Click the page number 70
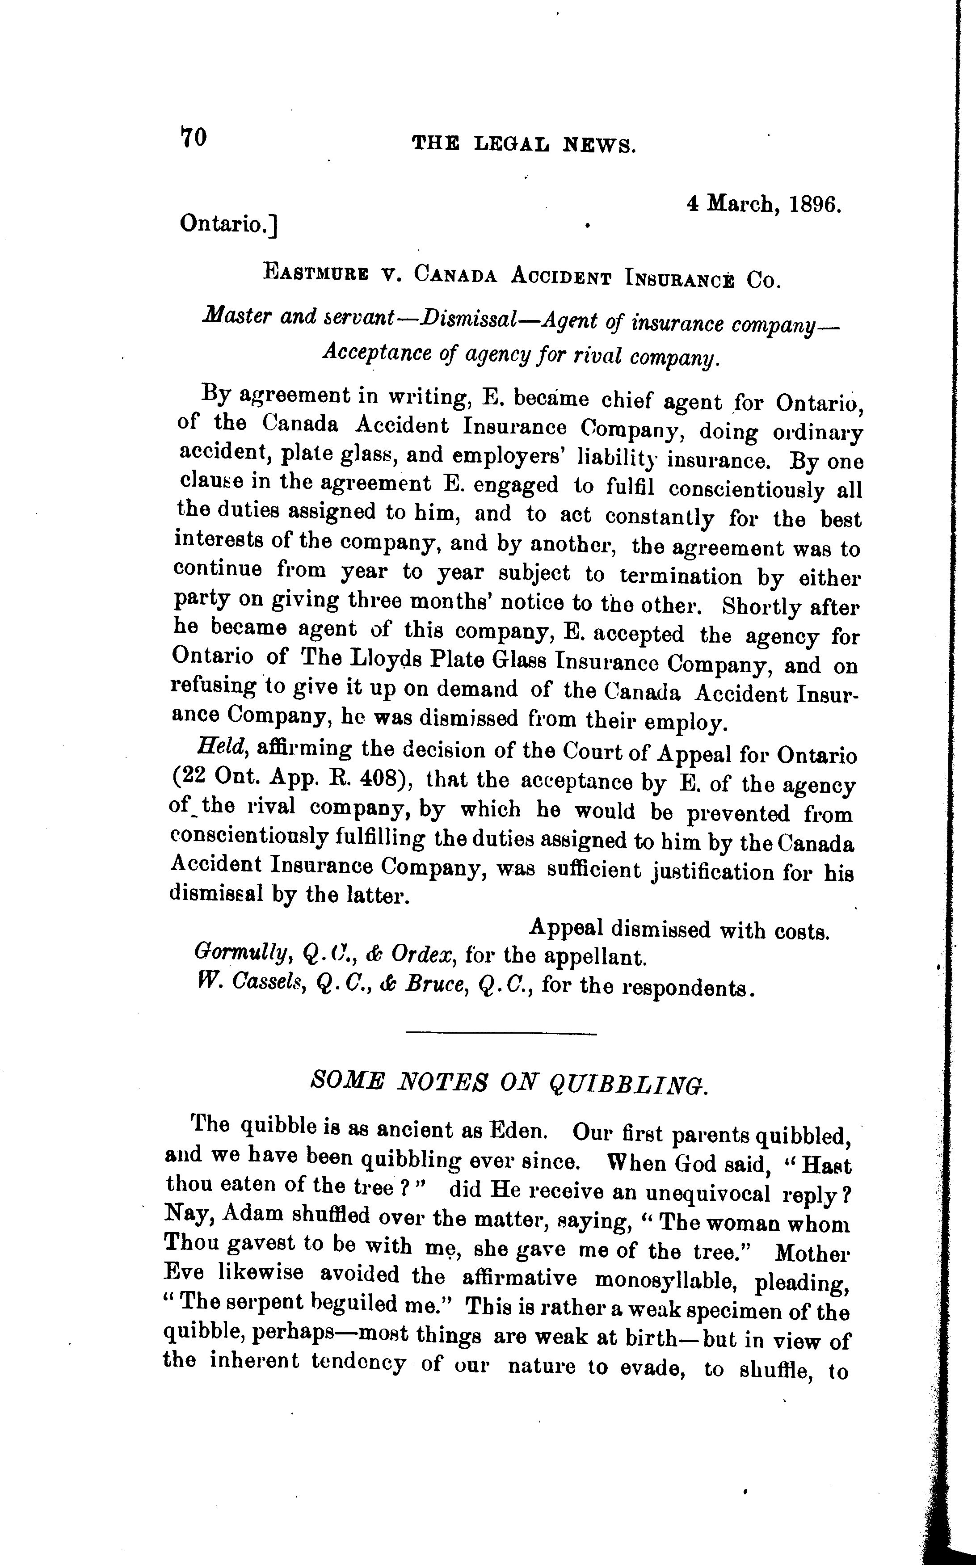pos(193,138)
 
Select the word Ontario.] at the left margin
pos(228,223)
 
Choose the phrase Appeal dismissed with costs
pos(679,930)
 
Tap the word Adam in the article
pos(251,1214)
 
